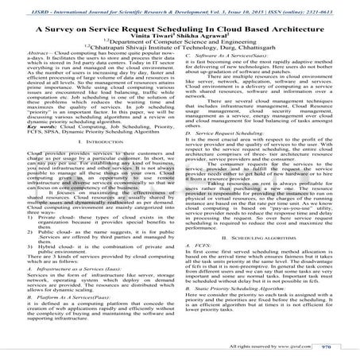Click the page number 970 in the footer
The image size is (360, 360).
point(337,346)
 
